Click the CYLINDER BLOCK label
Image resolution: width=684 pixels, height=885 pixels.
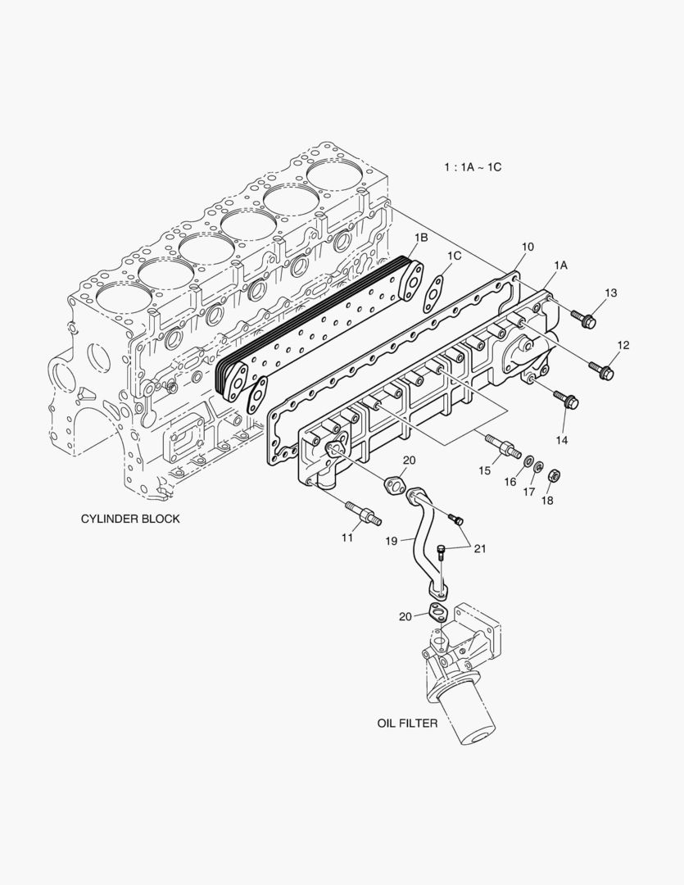tap(130, 519)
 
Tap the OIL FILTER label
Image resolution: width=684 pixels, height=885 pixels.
tap(407, 724)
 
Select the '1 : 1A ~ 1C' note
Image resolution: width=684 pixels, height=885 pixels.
tap(473, 167)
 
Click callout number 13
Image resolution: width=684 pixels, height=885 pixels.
tap(611, 293)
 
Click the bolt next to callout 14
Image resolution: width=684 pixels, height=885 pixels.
tap(567, 399)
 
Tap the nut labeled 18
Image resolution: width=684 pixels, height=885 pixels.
tap(553, 474)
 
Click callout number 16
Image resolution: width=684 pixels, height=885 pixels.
tap(510, 483)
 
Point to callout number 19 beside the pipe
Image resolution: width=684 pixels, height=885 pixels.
tap(392, 541)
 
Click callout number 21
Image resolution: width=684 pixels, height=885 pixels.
tap(478, 548)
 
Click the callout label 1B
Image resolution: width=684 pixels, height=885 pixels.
tap(420, 238)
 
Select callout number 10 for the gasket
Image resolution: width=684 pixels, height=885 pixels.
tap(527, 247)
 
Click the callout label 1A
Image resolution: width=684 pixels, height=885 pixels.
tap(561, 265)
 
